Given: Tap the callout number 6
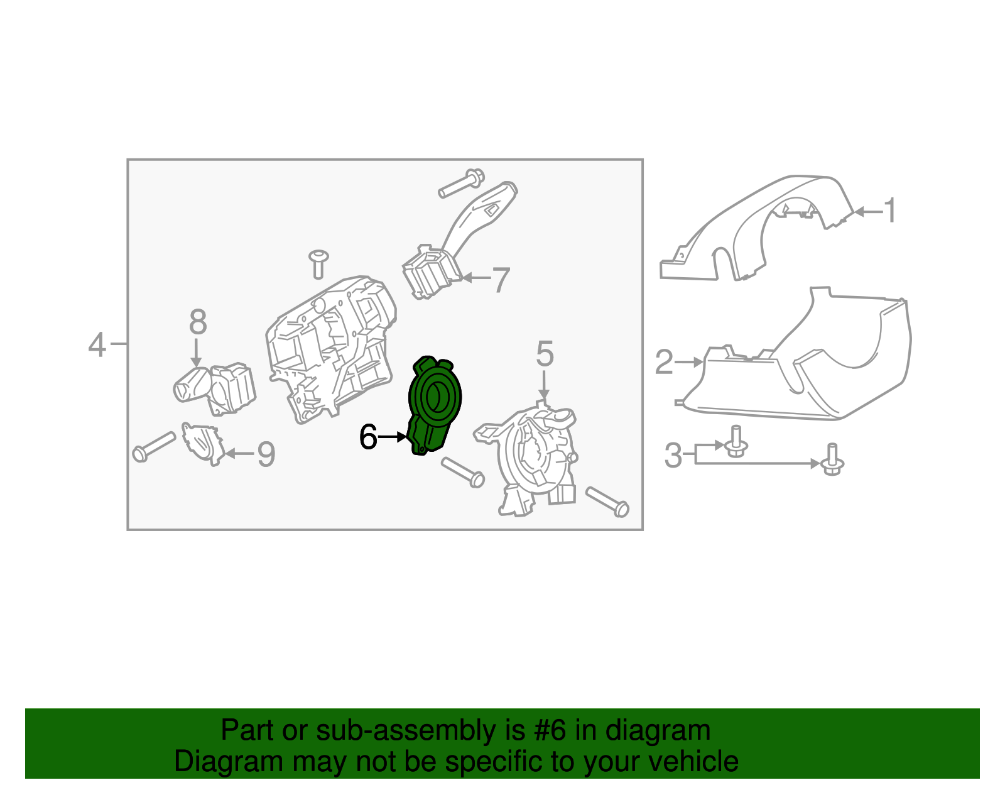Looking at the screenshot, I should pyautogui.click(x=368, y=437).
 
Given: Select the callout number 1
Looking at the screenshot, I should pyautogui.click(x=890, y=211).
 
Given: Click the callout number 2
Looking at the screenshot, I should pyautogui.click(x=664, y=362).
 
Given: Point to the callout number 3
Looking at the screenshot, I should pyautogui.click(x=673, y=455).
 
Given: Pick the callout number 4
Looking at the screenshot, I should pyautogui.click(x=97, y=344).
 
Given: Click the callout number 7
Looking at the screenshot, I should pyautogui.click(x=500, y=280).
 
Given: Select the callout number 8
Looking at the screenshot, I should pyautogui.click(x=197, y=322).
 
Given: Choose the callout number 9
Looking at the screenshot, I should pyautogui.click(x=266, y=454).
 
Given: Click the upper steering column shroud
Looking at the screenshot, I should pyautogui.click(x=754, y=233).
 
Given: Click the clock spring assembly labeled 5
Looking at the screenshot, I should pyautogui.click(x=534, y=459).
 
